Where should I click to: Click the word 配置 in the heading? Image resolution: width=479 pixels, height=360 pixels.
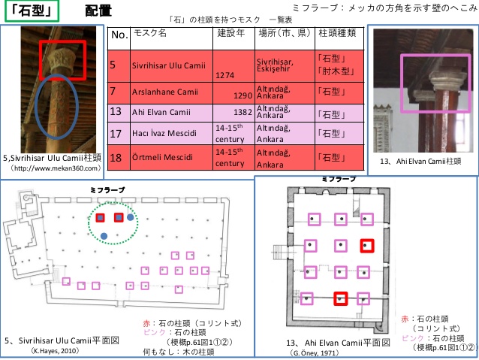pos(99,11)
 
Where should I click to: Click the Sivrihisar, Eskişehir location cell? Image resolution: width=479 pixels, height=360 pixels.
pos(282,65)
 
